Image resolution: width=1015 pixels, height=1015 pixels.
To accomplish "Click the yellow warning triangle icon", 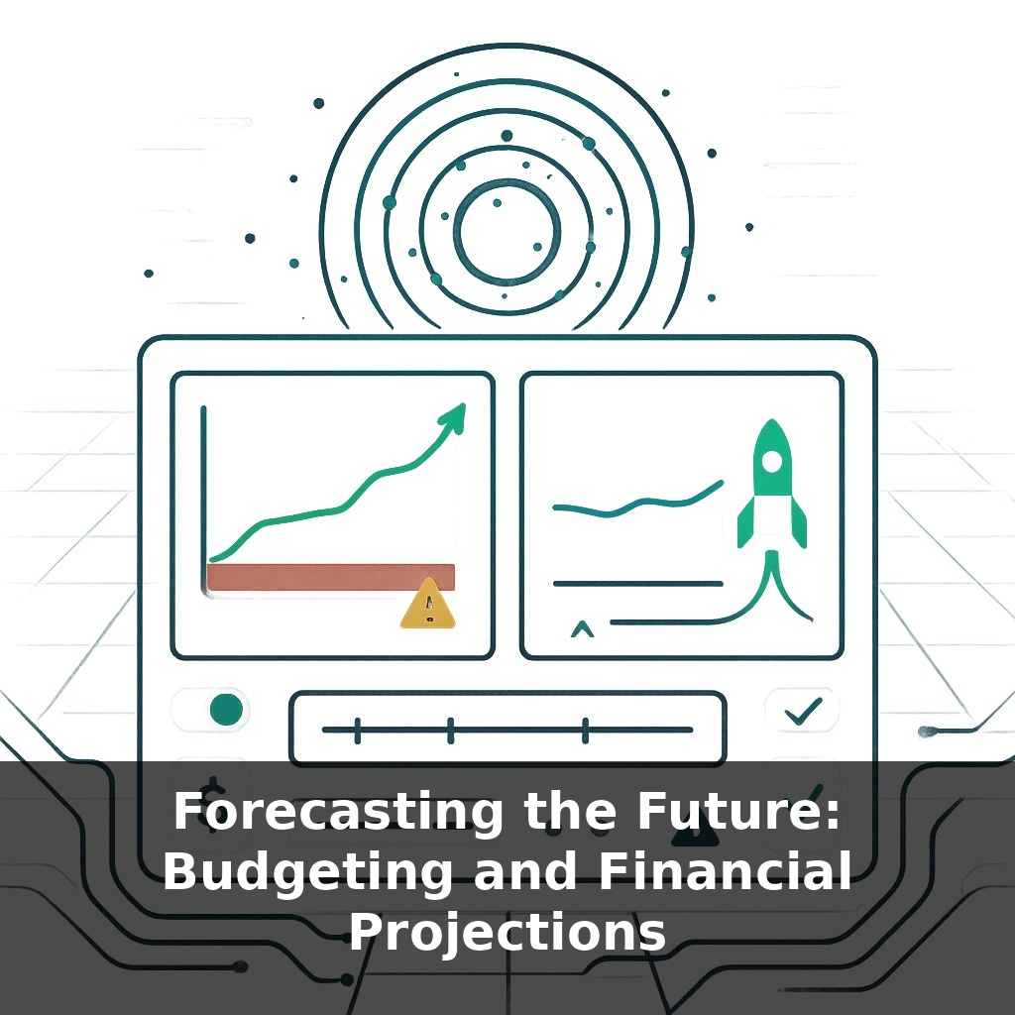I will tap(428, 605).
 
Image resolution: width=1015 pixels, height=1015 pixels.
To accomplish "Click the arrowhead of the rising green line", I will tap(453, 415).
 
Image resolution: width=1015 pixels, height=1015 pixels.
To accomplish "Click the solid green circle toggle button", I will tap(227, 708).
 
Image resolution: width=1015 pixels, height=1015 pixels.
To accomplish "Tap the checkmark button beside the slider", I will tap(802, 710).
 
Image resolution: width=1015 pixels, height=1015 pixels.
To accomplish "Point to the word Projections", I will tap(507, 932).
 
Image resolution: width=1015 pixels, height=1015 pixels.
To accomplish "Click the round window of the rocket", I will tap(770, 462).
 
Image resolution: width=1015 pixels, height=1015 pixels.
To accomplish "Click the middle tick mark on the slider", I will tap(451, 731).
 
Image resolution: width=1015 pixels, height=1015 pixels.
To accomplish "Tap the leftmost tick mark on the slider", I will tap(357, 731).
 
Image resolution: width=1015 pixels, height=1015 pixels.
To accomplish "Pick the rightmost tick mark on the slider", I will tap(585, 731).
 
